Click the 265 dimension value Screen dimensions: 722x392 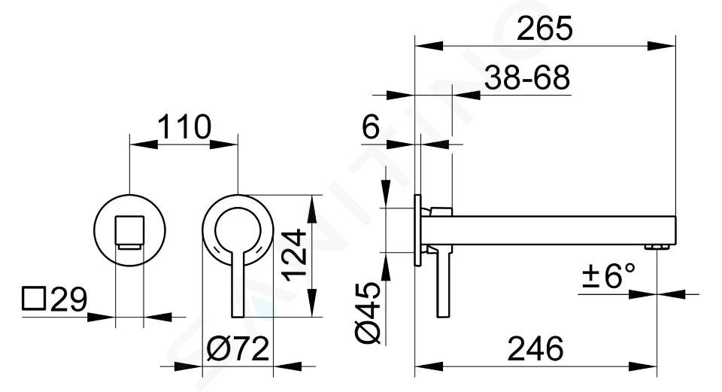(545, 29)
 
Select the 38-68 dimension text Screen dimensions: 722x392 (527, 77)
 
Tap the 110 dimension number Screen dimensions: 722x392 (184, 127)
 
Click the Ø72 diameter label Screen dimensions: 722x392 (238, 349)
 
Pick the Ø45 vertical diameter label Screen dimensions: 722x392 (368, 313)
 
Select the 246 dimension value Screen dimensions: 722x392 (535, 348)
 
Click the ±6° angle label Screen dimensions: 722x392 (608, 275)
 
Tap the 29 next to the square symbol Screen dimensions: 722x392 (68, 299)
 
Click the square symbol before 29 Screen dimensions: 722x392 (34, 299)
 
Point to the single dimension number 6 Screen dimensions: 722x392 (371, 127)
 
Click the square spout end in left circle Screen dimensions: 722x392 (129, 232)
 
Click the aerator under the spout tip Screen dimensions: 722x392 (657, 248)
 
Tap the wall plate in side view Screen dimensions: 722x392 (417, 230)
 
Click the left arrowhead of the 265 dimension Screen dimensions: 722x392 (429, 46)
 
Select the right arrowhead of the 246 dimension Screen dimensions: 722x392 (642, 367)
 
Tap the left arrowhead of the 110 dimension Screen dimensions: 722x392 (144, 144)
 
